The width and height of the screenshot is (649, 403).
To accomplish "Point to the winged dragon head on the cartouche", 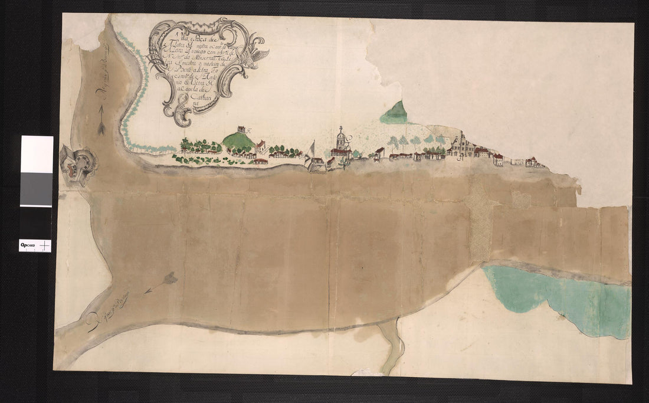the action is click(x=258, y=54).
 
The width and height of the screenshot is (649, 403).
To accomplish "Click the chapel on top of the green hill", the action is click(x=240, y=129).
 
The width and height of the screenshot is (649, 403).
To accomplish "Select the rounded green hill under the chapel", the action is click(x=239, y=140).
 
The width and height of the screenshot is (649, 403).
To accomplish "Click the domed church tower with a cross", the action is click(x=340, y=139).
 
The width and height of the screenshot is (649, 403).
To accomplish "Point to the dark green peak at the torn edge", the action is click(x=395, y=113).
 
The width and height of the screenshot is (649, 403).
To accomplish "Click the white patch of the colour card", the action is click(x=37, y=154).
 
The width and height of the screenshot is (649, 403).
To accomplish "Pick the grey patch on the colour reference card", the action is click(x=37, y=189).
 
